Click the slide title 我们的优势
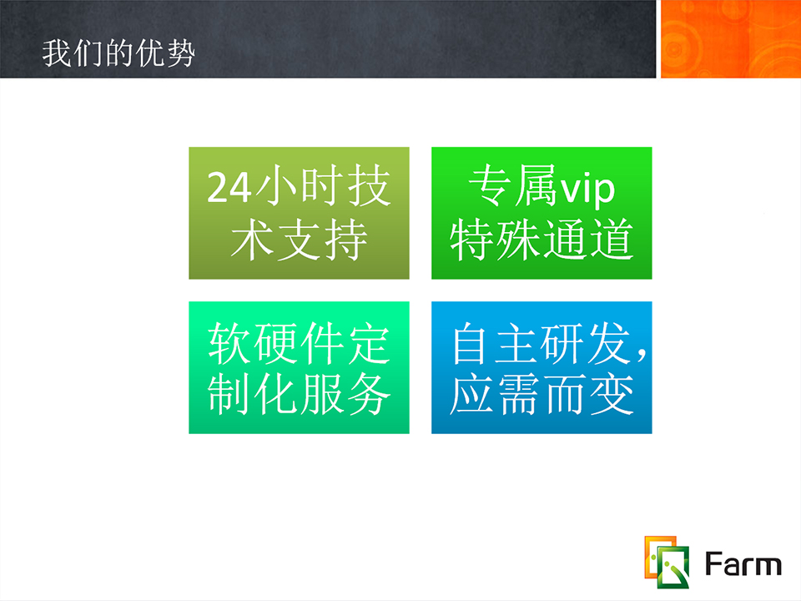(118, 53)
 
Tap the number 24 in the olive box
(229, 188)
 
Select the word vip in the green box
(587, 190)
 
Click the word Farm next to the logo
(743, 564)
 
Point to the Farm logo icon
(667, 562)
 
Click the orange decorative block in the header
(731, 39)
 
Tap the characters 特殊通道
(542, 240)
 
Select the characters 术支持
(299, 240)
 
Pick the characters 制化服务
(299, 394)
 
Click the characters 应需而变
(542, 394)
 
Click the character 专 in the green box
(490, 186)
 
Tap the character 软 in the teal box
(229, 343)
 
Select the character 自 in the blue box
(473, 343)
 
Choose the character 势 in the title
(181, 53)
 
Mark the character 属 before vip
(536, 186)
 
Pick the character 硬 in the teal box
(275, 343)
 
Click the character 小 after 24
(275, 186)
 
